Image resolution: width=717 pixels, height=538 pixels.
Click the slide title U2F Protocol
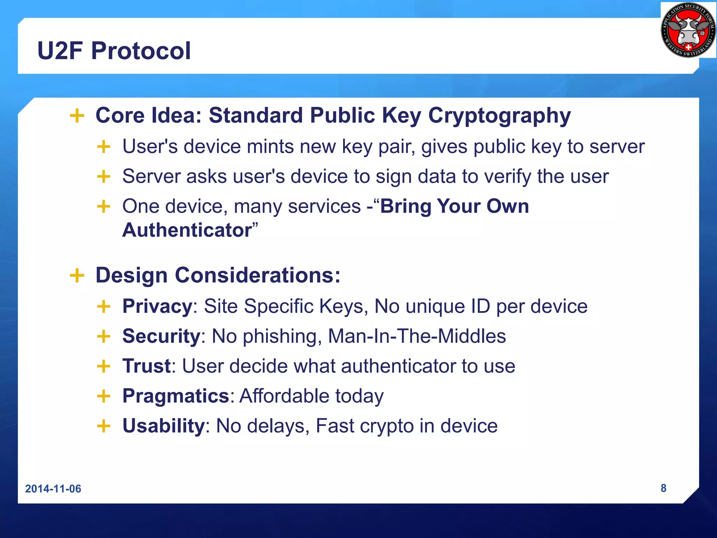114,51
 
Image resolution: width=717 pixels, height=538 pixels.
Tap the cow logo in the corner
688,30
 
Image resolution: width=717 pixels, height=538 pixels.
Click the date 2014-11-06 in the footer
53,489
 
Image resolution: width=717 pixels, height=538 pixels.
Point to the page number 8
663,488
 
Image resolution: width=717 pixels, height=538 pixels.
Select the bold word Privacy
157,306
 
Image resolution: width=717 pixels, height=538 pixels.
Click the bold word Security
161,336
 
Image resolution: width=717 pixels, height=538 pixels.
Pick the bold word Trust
146,366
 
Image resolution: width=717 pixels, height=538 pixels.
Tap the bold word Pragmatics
176,396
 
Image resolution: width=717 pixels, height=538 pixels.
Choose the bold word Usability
163,426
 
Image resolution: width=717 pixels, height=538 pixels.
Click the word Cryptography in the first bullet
500,116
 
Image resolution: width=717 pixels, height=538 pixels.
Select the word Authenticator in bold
187,230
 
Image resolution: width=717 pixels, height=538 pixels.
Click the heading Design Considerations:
218,275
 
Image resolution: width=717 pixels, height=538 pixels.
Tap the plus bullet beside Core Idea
77,116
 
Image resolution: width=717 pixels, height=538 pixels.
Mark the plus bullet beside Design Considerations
77,275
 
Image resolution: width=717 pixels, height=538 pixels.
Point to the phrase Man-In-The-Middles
417,336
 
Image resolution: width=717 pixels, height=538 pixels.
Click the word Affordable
284,396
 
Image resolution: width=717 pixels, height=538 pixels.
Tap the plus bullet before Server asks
104,177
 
